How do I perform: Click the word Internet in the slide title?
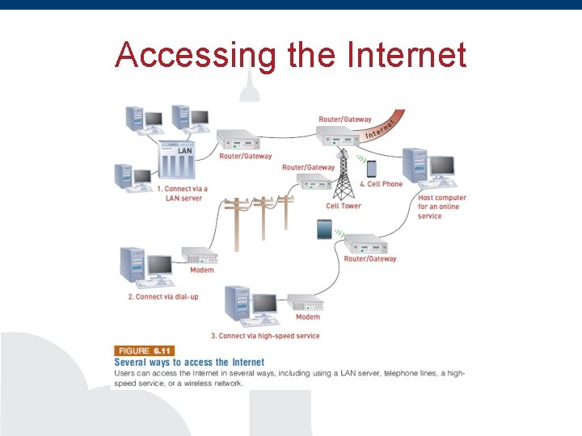click(406, 55)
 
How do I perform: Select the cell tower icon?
click(344, 174)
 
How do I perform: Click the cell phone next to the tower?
click(372, 169)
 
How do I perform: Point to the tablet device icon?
click(324, 230)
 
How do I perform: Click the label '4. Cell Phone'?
click(381, 184)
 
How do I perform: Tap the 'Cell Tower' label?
click(344, 206)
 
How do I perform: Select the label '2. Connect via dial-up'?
click(162, 297)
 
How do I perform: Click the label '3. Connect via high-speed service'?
click(265, 336)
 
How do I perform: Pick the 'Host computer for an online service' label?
click(441, 207)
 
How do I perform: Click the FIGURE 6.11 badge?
click(144, 351)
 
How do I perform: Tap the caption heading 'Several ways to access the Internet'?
click(189, 363)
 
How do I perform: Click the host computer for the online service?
click(428, 170)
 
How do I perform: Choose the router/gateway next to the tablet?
click(368, 245)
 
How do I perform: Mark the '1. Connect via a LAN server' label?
click(182, 193)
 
